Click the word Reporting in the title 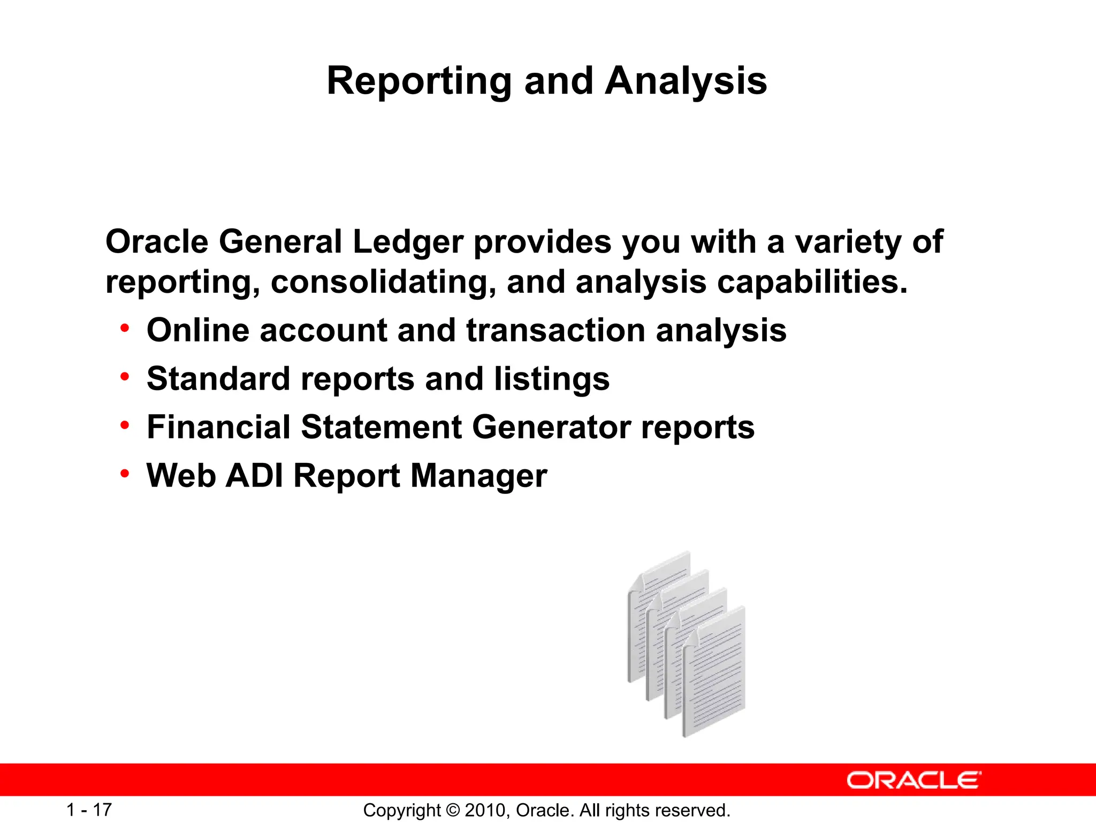click(x=418, y=81)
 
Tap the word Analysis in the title click(x=686, y=81)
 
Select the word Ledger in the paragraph click(x=408, y=242)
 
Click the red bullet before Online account click(x=125, y=328)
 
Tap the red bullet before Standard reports click(x=125, y=377)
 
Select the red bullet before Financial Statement click(x=125, y=425)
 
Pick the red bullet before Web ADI click(x=125, y=474)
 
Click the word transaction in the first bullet click(x=555, y=330)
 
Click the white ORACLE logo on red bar click(x=914, y=780)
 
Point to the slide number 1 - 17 click(x=89, y=810)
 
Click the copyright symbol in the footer click(x=453, y=810)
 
